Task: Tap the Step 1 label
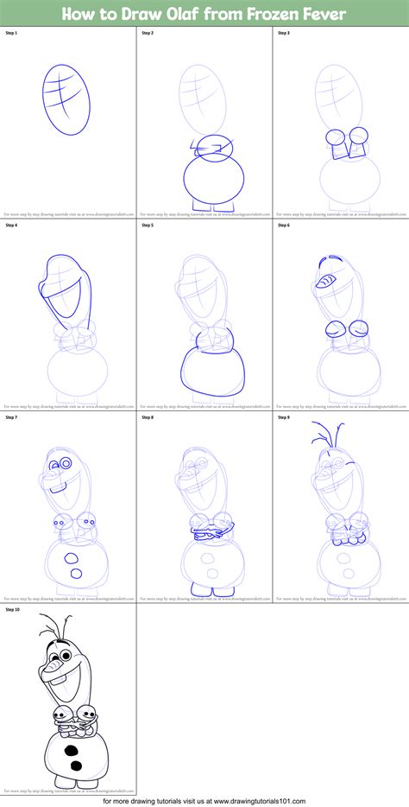11,32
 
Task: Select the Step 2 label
148,32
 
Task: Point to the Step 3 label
284,32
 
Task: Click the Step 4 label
11,226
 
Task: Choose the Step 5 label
148,226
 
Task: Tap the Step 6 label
284,226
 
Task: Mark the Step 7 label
11,417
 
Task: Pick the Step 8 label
148,417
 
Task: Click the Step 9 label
284,417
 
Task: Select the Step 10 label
12,609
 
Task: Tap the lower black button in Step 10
76,766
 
